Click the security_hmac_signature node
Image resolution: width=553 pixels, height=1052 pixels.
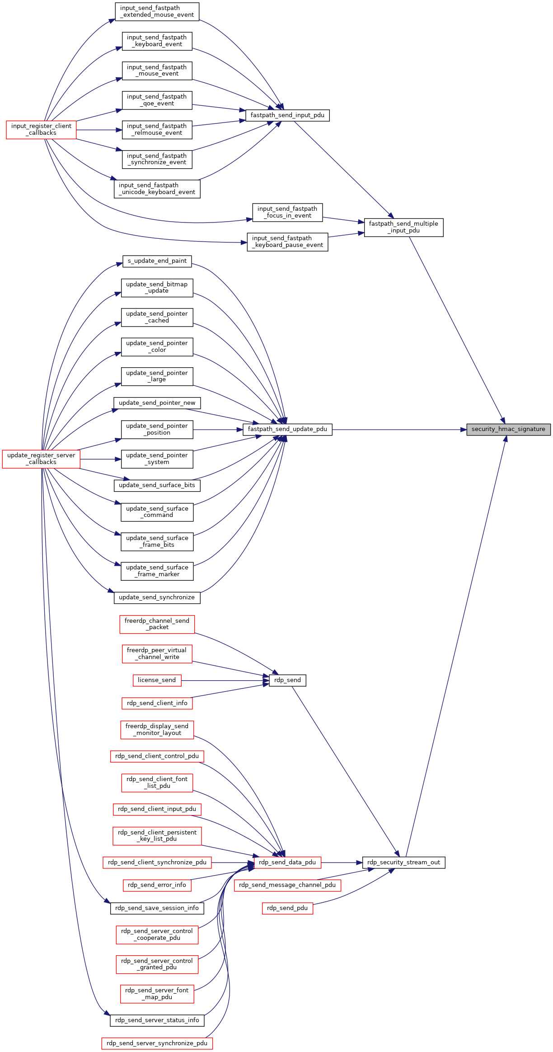(x=508, y=429)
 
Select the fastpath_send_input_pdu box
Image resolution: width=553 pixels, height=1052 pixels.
(x=287, y=115)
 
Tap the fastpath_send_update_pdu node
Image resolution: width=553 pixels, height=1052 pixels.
(x=287, y=429)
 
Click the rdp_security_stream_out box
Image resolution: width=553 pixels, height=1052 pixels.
(x=403, y=862)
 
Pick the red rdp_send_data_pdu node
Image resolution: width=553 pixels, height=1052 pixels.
(x=287, y=862)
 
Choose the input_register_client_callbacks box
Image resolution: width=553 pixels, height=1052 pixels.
(x=41, y=130)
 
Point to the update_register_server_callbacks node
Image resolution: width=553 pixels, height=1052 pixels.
(x=41, y=459)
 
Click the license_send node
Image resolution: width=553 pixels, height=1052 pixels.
(x=157, y=680)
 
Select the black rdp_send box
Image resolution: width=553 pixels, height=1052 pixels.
(x=287, y=680)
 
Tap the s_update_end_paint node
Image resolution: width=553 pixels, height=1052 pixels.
(x=157, y=261)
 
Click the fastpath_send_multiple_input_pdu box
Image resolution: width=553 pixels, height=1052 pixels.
(x=403, y=227)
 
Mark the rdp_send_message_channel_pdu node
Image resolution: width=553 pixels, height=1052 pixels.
(x=287, y=885)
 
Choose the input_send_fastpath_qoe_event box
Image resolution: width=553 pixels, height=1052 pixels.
(x=157, y=100)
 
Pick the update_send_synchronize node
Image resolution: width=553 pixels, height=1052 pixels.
(x=157, y=597)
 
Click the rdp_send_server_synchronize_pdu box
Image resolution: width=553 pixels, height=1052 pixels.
(x=157, y=1043)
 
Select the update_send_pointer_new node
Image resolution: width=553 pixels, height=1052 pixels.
(x=157, y=403)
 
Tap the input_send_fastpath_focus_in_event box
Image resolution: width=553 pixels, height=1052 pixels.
(x=287, y=212)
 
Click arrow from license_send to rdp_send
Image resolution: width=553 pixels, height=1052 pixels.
(x=225, y=680)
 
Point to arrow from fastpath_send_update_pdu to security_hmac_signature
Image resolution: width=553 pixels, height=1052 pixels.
(x=399, y=430)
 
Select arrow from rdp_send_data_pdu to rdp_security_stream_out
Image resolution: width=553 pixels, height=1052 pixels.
(x=342, y=862)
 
